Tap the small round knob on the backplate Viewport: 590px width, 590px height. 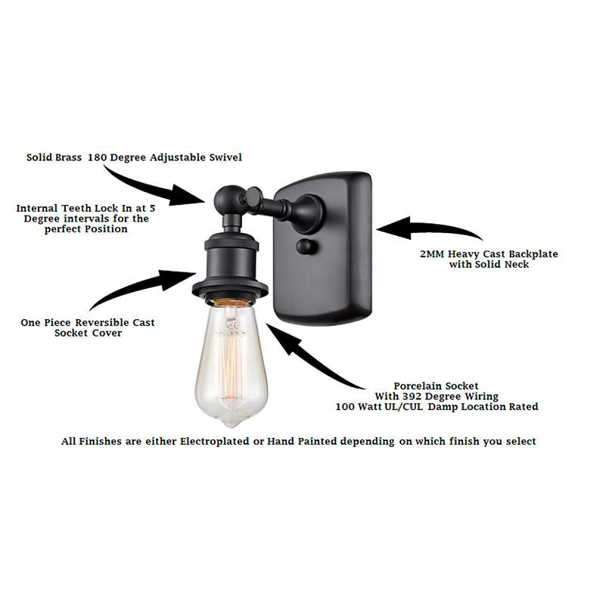coord(305,247)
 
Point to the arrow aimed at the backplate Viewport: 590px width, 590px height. coord(427,228)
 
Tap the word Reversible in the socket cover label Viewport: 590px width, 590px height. coord(94,322)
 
